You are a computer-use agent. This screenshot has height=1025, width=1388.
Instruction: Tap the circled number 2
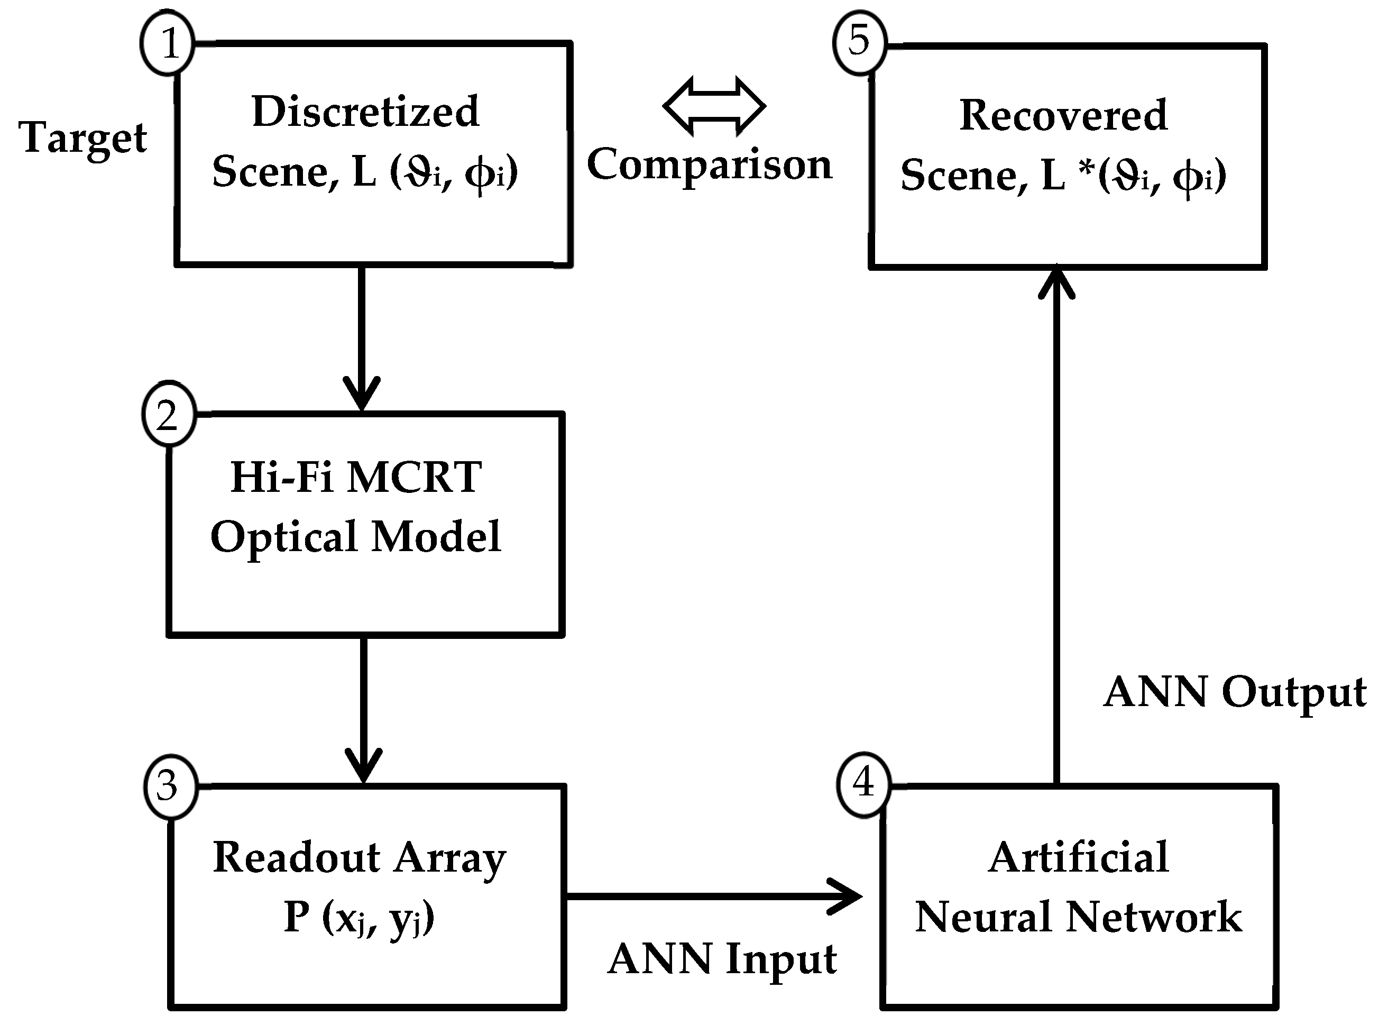pos(169,413)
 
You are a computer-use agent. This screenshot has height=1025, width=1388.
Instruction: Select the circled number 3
pos(170,785)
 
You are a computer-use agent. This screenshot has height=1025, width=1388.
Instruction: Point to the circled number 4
pos(863,782)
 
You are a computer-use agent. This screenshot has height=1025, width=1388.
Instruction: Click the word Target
pos(83,138)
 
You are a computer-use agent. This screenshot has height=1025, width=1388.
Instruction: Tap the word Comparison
pos(710,165)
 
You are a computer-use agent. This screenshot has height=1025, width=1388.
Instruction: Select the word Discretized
pos(365,112)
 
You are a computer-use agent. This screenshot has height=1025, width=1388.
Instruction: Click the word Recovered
pos(1063,116)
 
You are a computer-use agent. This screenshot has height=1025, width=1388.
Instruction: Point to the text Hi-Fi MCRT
pos(356,477)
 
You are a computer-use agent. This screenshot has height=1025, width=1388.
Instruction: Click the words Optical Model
pos(356,537)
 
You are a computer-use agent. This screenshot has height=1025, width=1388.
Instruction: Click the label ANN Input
pos(722,960)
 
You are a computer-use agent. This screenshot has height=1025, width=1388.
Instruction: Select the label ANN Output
pos(1234,693)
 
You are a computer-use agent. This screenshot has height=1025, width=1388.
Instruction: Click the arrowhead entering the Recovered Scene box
pos(1056,282)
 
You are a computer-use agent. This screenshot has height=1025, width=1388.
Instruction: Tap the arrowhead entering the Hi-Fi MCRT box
pos(362,395)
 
